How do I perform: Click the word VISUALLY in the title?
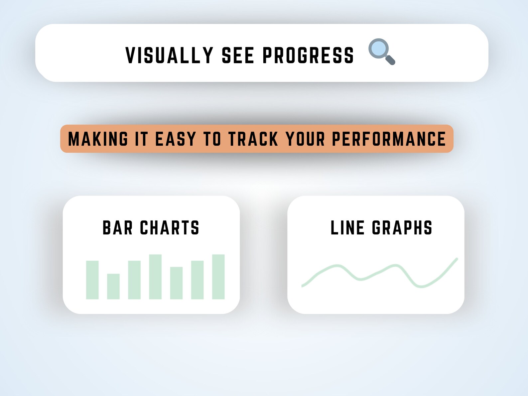169,55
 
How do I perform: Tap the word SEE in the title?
238,55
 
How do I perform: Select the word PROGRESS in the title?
308,55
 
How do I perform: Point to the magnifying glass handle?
390,60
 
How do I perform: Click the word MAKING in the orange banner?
98,139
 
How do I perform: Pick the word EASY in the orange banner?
176,139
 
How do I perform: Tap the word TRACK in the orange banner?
253,139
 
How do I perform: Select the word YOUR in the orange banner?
305,139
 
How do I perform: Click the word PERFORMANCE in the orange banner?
389,139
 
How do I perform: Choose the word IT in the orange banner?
141,139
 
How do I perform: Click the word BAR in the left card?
118,228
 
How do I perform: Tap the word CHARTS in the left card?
170,228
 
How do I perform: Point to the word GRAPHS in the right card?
402,228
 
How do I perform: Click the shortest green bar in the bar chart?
113,286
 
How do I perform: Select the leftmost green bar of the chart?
92,280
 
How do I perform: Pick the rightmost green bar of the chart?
218,277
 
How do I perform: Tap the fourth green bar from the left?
155,277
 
